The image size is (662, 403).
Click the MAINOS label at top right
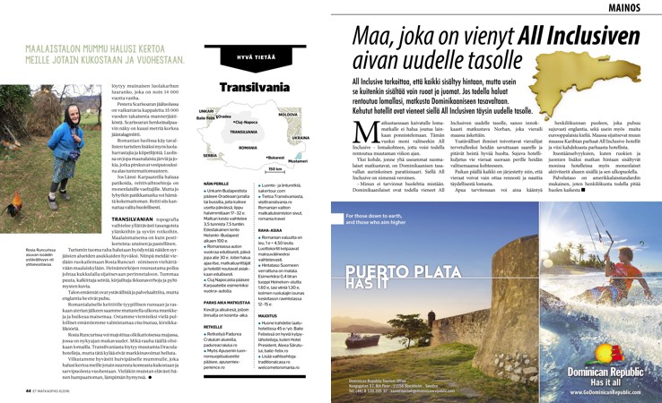(633, 8)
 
